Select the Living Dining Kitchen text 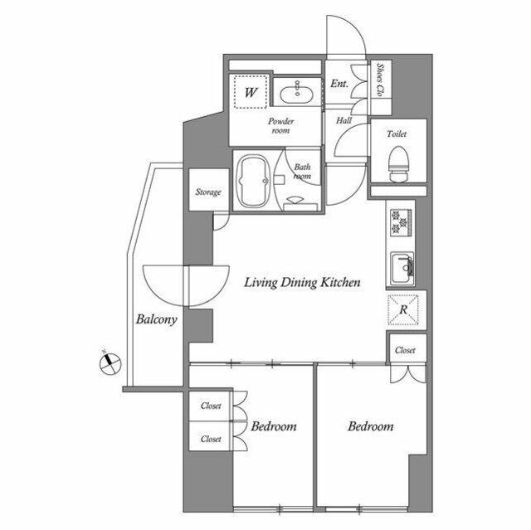[301, 283]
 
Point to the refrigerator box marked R [403, 309]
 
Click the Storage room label [208, 192]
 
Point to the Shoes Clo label [380, 80]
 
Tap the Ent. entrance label [339, 84]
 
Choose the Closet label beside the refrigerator [405, 350]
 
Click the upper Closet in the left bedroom [210, 406]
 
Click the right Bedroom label [370, 426]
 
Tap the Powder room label [280, 125]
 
